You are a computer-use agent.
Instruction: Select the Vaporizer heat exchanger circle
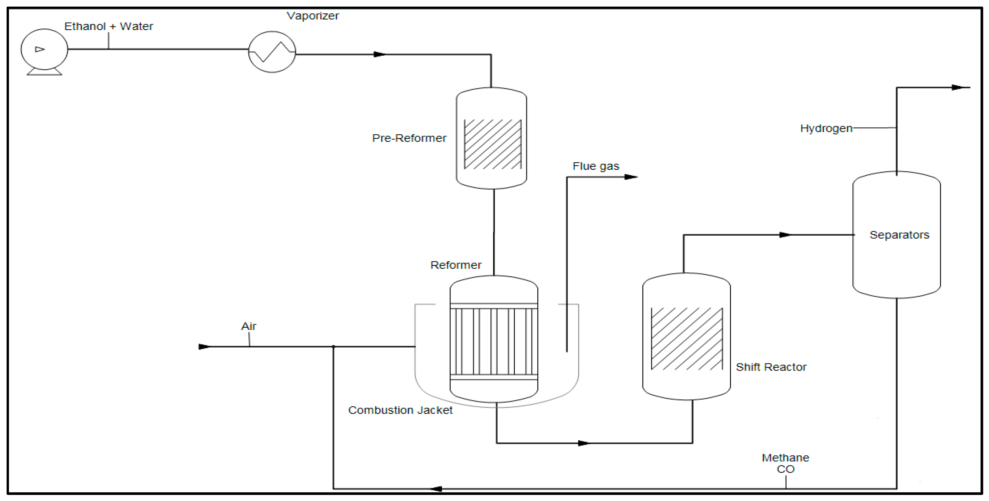[x=272, y=52]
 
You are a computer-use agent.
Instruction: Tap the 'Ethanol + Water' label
[x=109, y=26]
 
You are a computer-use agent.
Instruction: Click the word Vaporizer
[x=313, y=16]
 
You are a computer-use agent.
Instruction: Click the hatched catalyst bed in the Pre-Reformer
[x=493, y=144]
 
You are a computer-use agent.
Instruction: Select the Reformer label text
[x=456, y=265]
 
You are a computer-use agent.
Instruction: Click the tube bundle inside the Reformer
[x=494, y=341]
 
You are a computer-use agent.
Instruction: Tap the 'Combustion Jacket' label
[x=400, y=410]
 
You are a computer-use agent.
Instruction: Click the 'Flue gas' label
[x=596, y=166]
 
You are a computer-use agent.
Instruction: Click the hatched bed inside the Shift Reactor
[x=686, y=339]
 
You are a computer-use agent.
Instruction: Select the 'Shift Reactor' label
[x=771, y=367]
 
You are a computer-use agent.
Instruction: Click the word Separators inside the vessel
[x=899, y=235]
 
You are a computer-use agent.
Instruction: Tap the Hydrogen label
[x=826, y=128]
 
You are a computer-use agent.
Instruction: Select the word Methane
[x=785, y=457]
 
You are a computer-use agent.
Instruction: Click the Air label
[x=248, y=326]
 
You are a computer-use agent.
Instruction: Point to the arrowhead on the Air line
[x=204, y=347]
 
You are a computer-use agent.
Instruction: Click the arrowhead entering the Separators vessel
[x=785, y=235]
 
